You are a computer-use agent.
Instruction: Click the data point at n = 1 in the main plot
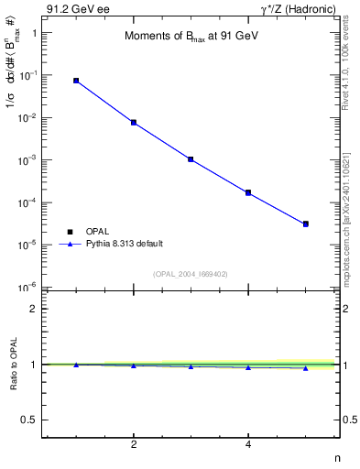(x=76, y=81)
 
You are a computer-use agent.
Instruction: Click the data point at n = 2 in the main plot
(x=134, y=122)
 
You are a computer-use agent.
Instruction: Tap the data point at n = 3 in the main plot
(x=191, y=159)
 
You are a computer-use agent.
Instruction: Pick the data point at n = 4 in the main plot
(x=248, y=192)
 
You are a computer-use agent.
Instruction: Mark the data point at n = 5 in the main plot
(x=306, y=224)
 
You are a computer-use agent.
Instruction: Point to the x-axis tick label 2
(x=134, y=445)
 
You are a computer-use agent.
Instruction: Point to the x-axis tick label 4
(x=248, y=445)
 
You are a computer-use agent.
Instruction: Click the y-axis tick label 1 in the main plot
(x=34, y=33)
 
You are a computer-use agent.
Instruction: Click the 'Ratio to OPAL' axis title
(x=13, y=365)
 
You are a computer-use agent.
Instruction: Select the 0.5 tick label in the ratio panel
(x=29, y=420)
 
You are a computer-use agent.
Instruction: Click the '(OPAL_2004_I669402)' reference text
(x=191, y=274)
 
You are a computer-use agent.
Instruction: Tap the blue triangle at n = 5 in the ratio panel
(x=306, y=368)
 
